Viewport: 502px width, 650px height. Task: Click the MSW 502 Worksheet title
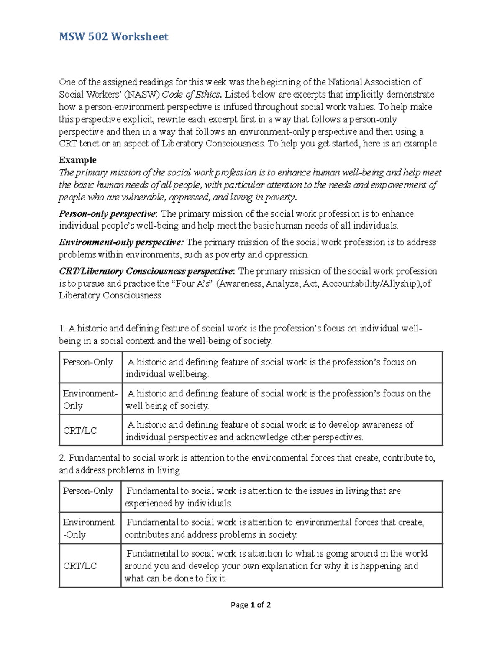click(113, 37)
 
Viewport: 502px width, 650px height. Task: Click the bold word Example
click(77, 160)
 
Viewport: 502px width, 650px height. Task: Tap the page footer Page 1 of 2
click(251, 605)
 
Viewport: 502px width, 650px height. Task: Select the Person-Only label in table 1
click(88, 362)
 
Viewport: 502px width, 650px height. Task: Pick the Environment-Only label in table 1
click(90, 399)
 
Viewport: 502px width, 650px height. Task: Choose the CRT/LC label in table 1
click(80, 431)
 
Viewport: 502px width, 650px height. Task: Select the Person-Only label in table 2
click(88, 491)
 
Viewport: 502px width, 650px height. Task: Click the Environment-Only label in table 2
click(88, 528)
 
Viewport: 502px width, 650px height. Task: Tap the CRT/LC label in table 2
click(80, 566)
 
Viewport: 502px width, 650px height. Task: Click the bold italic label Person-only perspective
click(108, 214)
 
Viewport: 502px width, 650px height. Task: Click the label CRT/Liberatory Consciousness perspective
click(146, 271)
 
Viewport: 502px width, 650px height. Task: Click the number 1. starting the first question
click(62, 329)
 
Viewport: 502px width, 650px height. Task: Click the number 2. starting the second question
click(62, 458)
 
